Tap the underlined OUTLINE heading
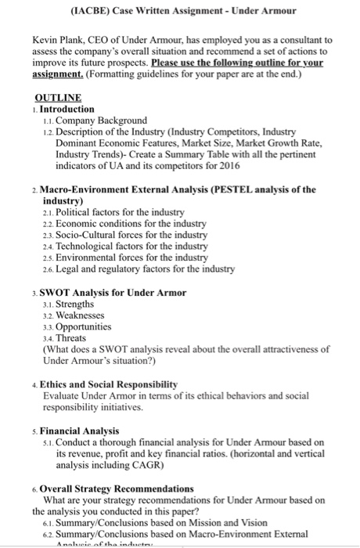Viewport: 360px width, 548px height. tap(58, 98)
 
